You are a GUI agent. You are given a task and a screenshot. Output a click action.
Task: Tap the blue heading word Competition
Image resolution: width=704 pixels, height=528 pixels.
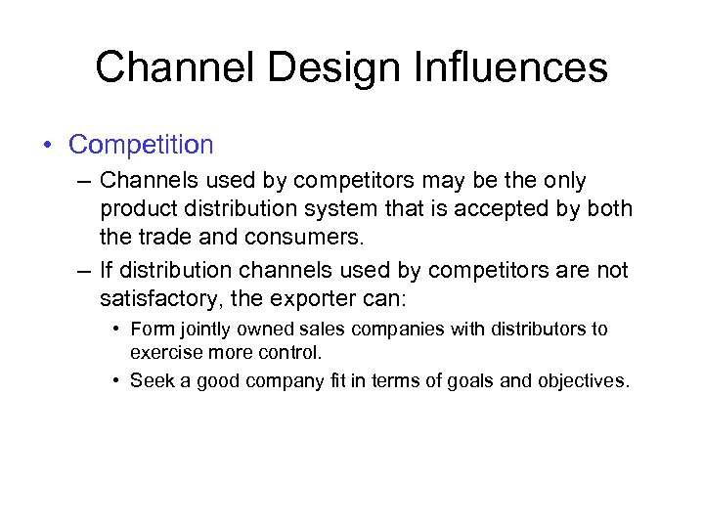141,145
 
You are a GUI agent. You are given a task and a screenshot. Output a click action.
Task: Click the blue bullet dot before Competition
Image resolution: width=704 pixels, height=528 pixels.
48,146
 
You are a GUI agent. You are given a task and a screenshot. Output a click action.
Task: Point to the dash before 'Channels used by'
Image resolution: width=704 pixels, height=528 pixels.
84,181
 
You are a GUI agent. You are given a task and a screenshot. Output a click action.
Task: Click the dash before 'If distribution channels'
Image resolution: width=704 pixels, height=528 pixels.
84,269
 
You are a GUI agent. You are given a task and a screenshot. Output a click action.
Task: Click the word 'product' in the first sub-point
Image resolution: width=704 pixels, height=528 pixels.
136,209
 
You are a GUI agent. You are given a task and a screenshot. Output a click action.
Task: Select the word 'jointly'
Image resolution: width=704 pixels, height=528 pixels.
201,330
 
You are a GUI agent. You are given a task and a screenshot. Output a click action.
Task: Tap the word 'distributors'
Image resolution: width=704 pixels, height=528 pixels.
537,330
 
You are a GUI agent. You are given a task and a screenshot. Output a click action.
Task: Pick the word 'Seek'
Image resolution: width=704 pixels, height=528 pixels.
149,381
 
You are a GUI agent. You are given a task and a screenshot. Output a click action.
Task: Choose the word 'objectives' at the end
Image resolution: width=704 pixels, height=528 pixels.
583,381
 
